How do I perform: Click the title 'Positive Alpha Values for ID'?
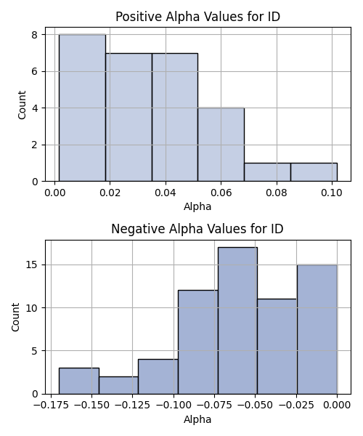coord(197,17)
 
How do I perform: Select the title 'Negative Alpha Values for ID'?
coord(197,229)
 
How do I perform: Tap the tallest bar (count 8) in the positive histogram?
coord(82,108)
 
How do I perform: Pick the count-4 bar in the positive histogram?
coord(221,145)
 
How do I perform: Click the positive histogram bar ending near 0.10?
coord(314,172)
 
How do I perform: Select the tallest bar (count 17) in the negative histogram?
coord(237,320)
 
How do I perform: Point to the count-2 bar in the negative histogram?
coord(118,385)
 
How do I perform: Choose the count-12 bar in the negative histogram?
coord(198,342)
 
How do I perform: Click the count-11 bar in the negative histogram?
coord(277,347)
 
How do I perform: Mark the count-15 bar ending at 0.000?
coord(317,329)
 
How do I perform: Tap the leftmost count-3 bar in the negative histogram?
coord(79,381)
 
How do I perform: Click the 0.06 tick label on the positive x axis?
coord(221,193)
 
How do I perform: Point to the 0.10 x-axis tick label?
coord(332,193)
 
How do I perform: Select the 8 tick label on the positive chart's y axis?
coord(35,35)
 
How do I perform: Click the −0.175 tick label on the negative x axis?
coord(51,405)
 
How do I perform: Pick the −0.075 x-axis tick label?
coord(214,405)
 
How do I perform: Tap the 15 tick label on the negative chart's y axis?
coord(32,265)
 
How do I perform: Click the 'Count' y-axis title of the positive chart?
coord(22,105)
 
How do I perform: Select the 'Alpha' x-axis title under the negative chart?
coord(197,419)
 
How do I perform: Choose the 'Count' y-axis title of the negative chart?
coord(15,318)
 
